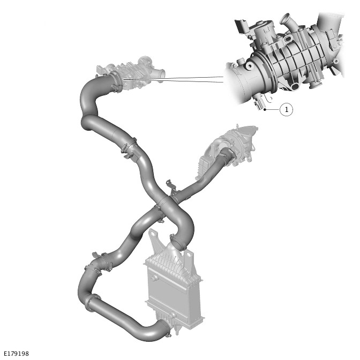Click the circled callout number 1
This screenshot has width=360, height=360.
point(286,109)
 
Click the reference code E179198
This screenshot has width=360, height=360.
point(17,354)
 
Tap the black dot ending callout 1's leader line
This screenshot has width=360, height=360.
point(265,110)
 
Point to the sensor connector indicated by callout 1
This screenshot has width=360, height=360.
point(259,103)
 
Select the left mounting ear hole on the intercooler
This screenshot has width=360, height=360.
point(153,234)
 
